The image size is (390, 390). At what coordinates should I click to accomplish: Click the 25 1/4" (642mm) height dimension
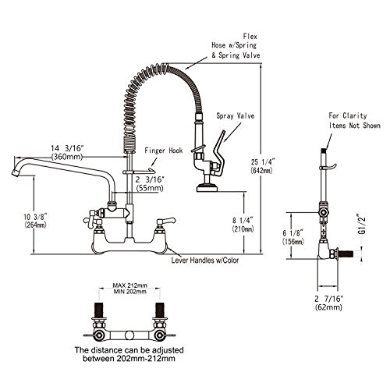[262, 166]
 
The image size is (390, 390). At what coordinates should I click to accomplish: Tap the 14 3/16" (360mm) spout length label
[67, 153]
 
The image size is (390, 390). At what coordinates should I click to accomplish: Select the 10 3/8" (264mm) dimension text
[35, 221]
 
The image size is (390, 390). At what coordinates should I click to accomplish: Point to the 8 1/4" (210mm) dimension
[243, 225]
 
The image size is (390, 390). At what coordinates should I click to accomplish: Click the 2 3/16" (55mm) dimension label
[150, 183]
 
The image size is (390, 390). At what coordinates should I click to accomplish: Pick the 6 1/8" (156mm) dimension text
[293, 237]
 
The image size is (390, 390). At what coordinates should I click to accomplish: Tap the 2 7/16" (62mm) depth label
[328, 303]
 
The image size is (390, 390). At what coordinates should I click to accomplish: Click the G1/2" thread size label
[361, 224]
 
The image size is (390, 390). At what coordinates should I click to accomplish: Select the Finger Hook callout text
[164, 151]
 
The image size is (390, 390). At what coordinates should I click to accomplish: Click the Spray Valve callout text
[236, 115]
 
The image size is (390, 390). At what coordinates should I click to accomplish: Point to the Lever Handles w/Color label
[205, 260]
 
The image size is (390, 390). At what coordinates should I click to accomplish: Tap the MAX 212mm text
[129, 285]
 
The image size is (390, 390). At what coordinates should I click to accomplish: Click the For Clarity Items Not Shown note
[354, 120]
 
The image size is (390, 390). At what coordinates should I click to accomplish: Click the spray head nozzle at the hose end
[207, 188]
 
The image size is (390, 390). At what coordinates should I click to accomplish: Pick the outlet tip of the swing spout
[16, 173]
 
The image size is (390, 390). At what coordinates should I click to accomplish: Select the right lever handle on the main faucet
[166, 221]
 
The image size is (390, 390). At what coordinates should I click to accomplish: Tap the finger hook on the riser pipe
[139, 171]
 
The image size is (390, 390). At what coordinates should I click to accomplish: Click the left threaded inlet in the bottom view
[99, 310]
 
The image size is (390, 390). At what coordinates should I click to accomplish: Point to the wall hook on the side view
[330, 167]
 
